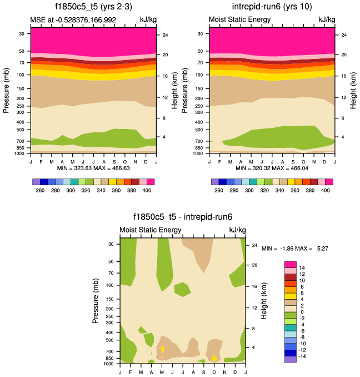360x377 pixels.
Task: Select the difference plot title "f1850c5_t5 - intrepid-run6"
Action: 182,218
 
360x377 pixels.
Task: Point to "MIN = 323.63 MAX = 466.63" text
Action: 93,168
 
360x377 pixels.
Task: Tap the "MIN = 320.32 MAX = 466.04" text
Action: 272,168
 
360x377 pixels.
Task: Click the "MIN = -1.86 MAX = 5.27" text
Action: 295,248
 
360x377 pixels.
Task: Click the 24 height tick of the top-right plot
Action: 344,35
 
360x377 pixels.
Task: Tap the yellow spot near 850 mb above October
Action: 214,358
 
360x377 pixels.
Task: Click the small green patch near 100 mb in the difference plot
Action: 182,289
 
